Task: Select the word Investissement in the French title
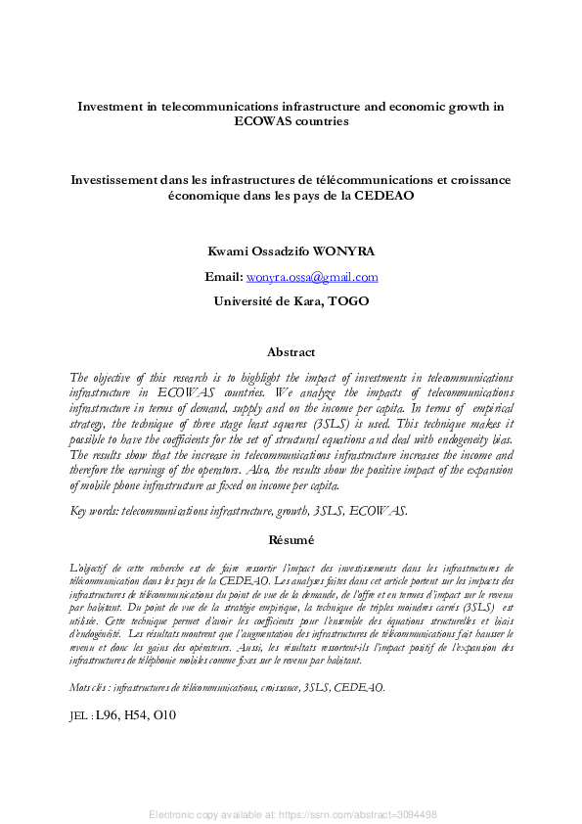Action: pyautogui.click(x=119, y=180)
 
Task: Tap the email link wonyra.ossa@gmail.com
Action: pyautogui.click(x=311, y=277)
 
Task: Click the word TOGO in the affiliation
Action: pyautogui.click(x=349, y=301)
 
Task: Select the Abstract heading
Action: pyautogui.click(x=291, y=352)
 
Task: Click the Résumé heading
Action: pyautogui.click(x=291, y=539)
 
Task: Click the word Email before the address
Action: pyautogui.click(x=222, y=277)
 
